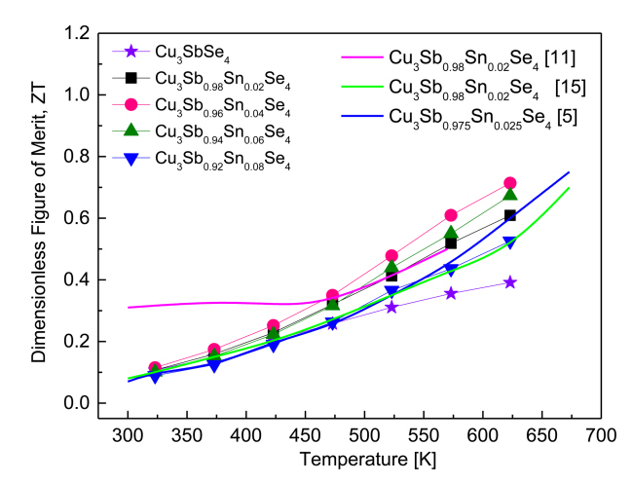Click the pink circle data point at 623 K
509,183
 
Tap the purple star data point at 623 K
509,282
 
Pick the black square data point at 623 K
509,215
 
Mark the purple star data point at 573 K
451,293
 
